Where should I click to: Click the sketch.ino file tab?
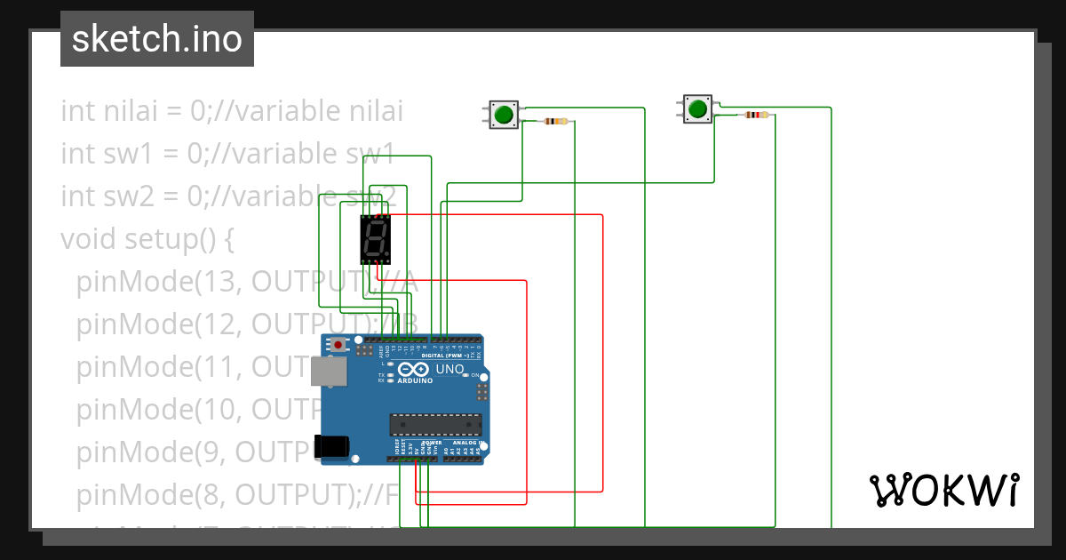coord(156,39)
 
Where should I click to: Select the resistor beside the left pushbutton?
coord(556,121)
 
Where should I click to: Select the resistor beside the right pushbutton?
coord(756,115)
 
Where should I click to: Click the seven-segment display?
coord(376,239)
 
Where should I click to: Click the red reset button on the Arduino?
coord(338,344)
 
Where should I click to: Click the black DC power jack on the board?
coord(333,445)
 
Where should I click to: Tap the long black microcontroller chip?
coord(435,426)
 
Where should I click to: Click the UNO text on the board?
coord(449,369)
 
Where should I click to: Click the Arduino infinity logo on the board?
coord(414,370)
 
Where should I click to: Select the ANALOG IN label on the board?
coord(466,442)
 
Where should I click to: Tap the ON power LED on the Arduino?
coord(465,375)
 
